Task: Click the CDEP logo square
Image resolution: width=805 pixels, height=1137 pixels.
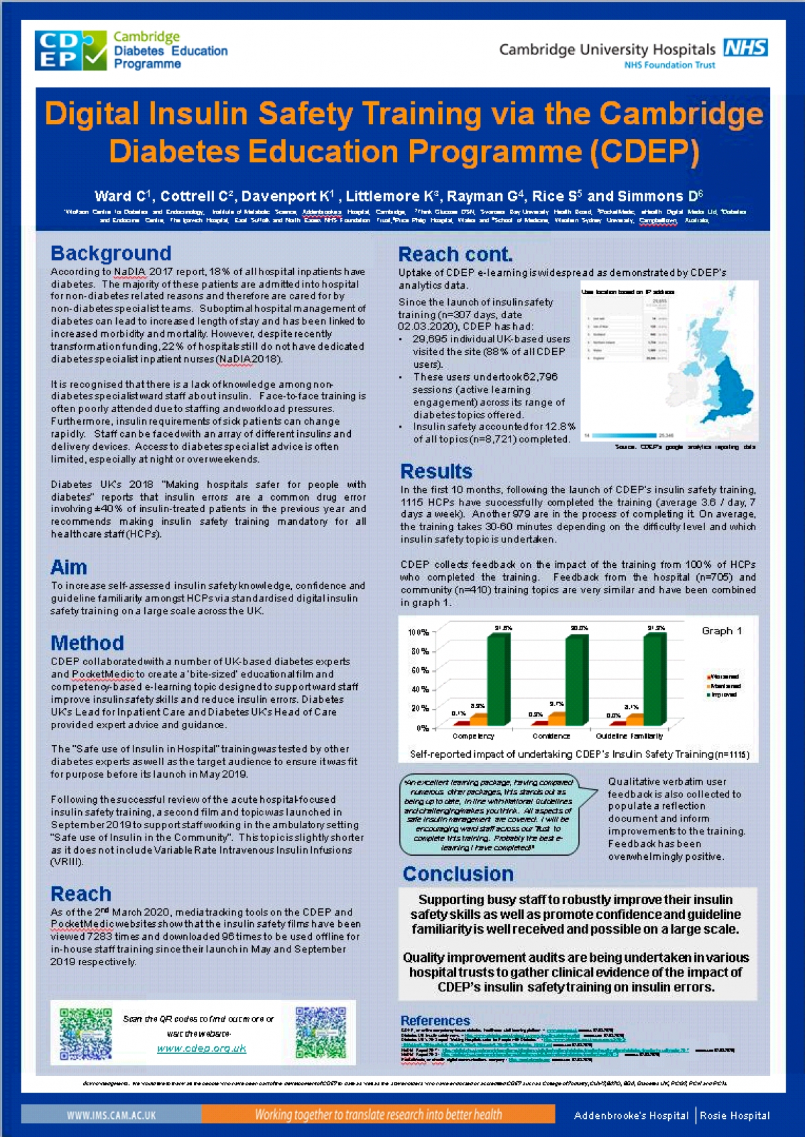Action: click(70, 50)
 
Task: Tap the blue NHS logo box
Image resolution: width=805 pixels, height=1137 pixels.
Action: click(745, 48)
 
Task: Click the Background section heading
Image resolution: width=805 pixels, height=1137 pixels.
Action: click(111, 253)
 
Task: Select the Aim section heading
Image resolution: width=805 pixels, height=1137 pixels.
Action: click(68, 567)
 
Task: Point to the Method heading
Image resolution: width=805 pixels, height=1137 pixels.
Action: click(87, 643)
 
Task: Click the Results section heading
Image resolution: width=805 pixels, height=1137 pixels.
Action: click(436, 471)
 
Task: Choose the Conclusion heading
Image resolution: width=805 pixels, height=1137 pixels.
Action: click(458, 874)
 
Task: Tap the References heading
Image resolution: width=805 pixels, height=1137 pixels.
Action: click(435, 1020)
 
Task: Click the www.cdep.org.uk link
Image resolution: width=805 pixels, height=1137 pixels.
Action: click(201, 1048)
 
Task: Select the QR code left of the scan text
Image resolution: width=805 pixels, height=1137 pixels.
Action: click(85, 1033)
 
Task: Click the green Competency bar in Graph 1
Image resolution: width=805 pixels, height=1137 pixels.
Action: click(497, 679)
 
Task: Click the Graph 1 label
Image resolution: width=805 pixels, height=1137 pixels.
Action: click(721, 631)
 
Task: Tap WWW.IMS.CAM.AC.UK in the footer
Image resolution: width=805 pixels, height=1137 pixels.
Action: click(111, 1115)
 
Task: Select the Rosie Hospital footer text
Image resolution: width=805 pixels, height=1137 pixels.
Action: click(735, 1116)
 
